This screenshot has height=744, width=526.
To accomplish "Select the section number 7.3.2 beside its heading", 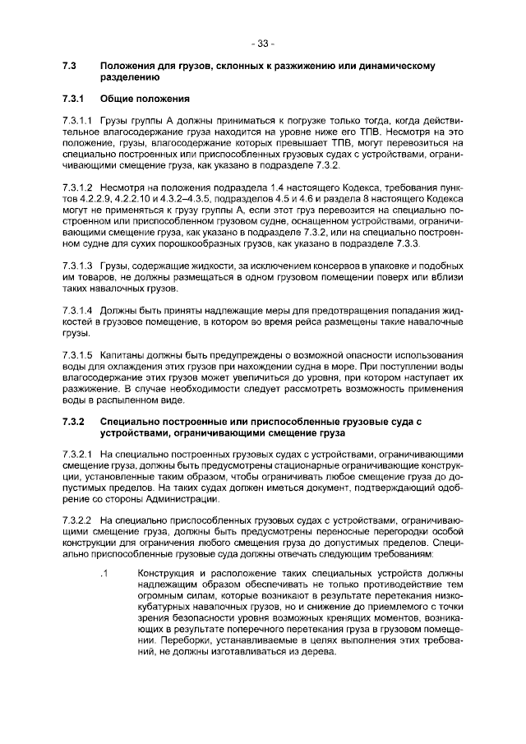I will [x=74, y=421].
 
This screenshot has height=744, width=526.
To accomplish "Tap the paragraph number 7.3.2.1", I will [x=78, y=454].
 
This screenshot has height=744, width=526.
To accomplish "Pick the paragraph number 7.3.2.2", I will [x=78, y=520].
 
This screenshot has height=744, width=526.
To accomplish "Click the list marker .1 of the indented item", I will [x=104, y=572].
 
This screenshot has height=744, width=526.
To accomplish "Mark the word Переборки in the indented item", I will [x=177, y=640].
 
